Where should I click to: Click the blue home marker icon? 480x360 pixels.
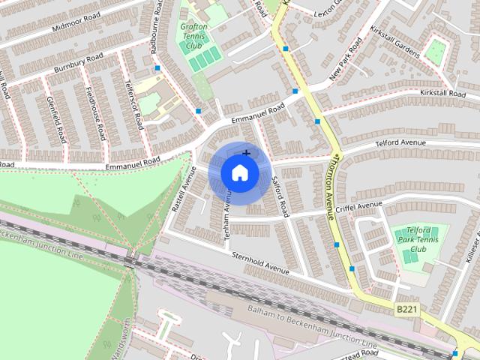pyautogui.click(x=239, y=172)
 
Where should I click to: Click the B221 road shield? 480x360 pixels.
pyautogui.click(x=406, y=308)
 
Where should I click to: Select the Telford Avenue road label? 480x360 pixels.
pyautogui.click(x=400, y=142)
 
